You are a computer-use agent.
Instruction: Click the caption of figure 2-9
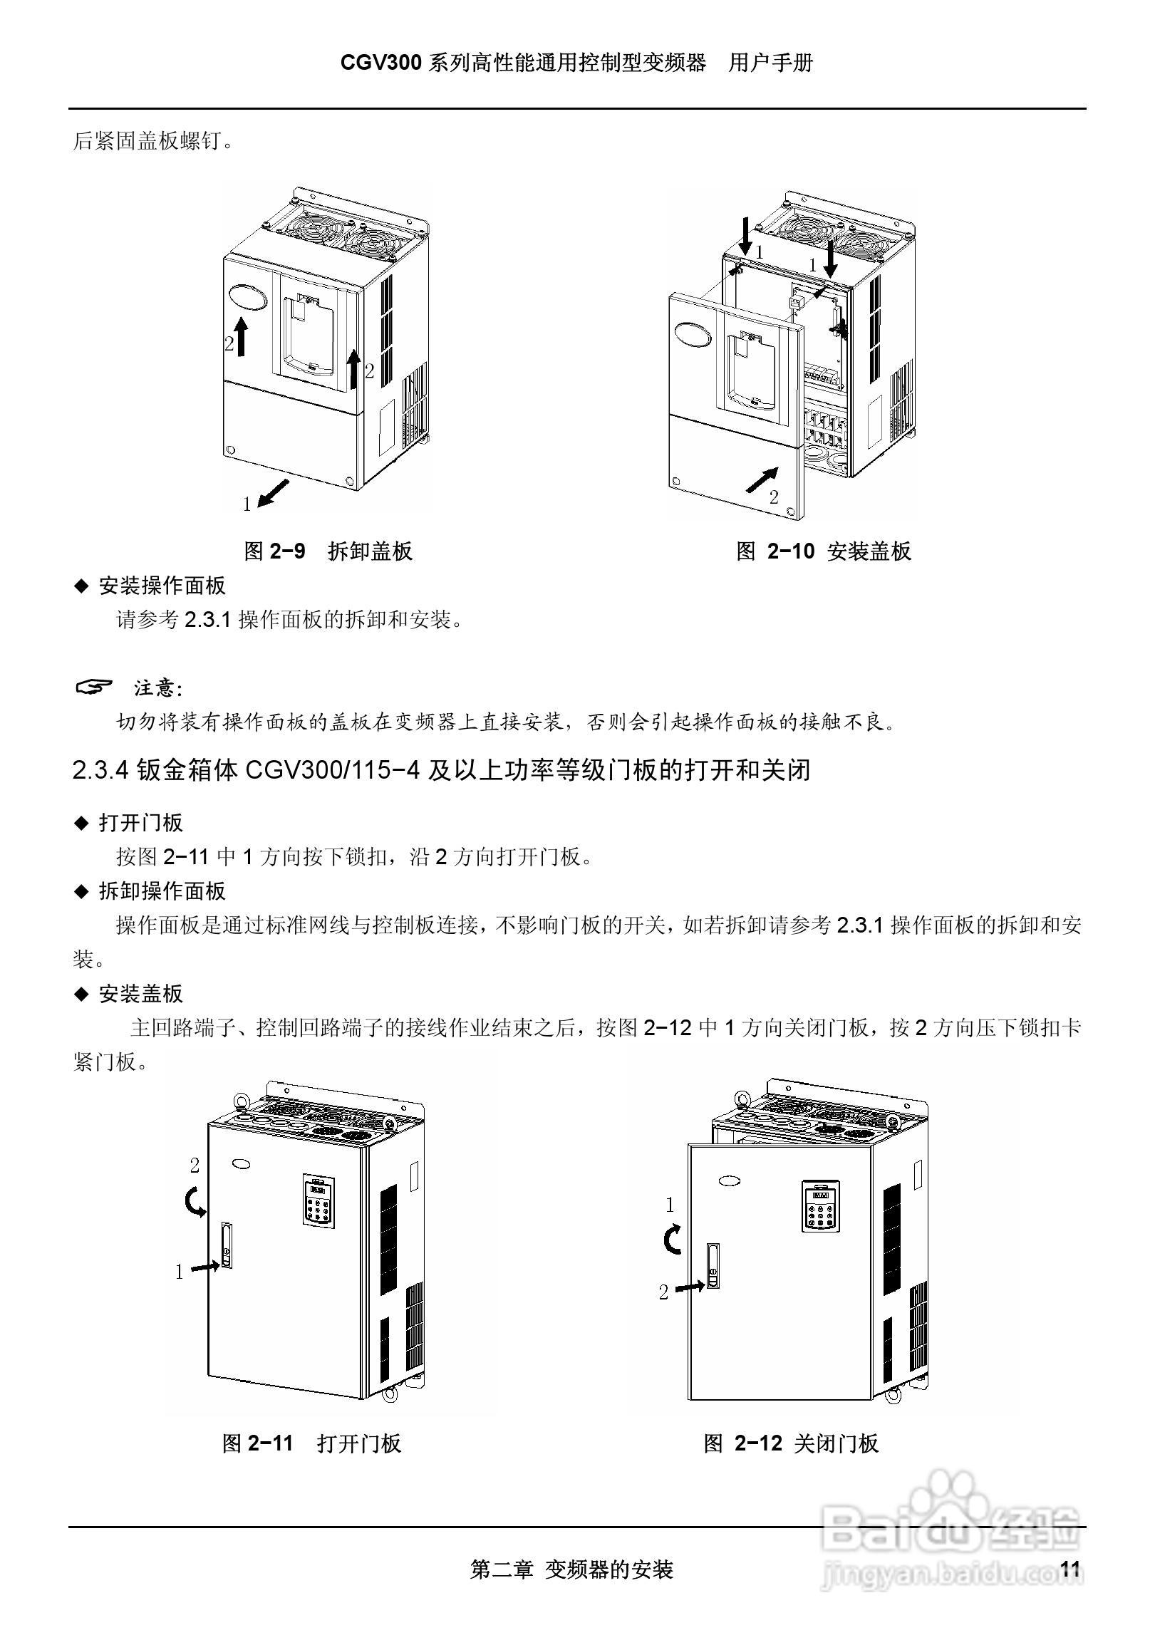(328, 551)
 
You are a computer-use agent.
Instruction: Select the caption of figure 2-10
(824, 551)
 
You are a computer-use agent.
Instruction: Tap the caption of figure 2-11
(311, 1443)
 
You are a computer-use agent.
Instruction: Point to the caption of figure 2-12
(791, 1443)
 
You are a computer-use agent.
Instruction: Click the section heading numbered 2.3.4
(442, 771)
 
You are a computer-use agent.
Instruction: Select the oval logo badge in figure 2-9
(247, 297)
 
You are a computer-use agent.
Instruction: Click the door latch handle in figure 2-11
(226, 1245)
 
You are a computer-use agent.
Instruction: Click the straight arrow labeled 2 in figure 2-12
(689, 1287)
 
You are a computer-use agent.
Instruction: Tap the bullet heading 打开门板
(140, 822)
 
